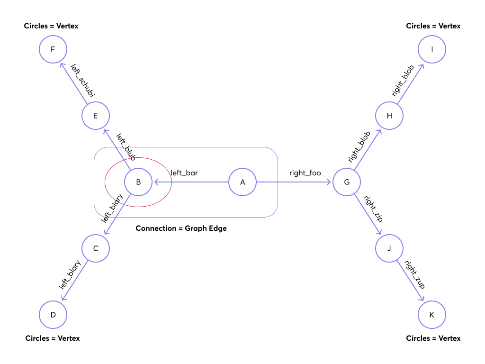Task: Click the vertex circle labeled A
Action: pos(242,182)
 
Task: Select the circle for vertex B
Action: pos(138,182)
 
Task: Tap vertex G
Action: pos(347,182)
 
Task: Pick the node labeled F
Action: pos(53,49)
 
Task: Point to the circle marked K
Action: pos(431,315)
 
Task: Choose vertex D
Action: pos(53,315)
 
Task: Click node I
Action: pos(431,49)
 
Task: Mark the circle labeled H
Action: pos(389,116)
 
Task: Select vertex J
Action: pos(389,248)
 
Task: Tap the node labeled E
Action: pos(96,116)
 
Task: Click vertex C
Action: pos(96,248)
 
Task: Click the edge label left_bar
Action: pos(184,173)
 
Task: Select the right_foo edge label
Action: pos(305,173)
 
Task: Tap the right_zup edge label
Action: pos(414,274)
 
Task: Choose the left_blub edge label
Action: pos(126,146)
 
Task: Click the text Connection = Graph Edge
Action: pos(181,228)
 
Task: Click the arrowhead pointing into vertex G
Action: pos(330,182)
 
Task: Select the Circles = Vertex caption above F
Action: pos(51,26)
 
